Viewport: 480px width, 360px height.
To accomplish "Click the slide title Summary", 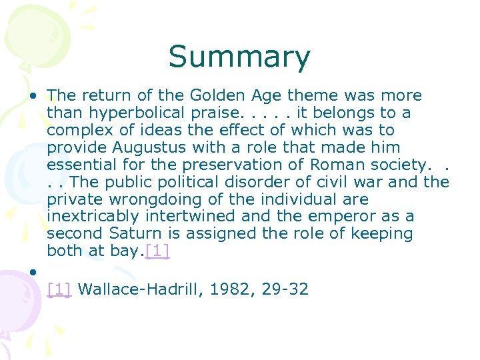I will [x=239, y=57].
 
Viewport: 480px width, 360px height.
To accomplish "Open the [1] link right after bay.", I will [x=157, y=252].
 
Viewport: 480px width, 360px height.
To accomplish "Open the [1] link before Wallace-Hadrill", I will [x=59, y=289].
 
